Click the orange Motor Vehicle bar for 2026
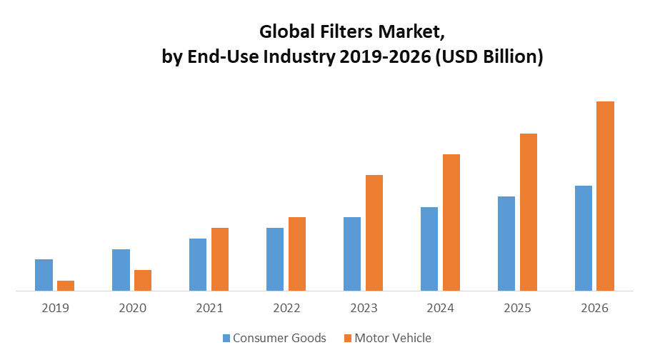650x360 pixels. (x=605, y=196)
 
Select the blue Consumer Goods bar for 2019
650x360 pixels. (x=44, y=275)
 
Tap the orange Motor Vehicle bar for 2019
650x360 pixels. (x=66, y=286)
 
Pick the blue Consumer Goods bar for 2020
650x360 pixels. (x=121, y=270)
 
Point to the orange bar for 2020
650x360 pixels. (x=143, y=280)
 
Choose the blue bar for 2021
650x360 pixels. (x=198, y=264)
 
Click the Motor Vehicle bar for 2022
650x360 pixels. (x=297, y=254)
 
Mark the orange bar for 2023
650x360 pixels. (x=374, y=233)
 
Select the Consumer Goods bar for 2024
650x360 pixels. (x=429, y=249)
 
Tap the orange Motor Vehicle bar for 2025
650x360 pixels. (x=529, y=212)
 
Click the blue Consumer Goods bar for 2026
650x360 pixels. (x=584, y=238)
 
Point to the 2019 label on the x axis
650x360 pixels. (x=55, y=309)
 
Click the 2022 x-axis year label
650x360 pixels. (x=286, y=309)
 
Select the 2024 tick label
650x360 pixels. (x=441, y=309)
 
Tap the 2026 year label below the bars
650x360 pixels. (x=594, y=309)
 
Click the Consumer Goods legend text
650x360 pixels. (x=279, y=338)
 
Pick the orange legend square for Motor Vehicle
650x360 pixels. (x=348, y=338)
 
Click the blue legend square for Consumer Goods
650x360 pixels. (x=226, y=338)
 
